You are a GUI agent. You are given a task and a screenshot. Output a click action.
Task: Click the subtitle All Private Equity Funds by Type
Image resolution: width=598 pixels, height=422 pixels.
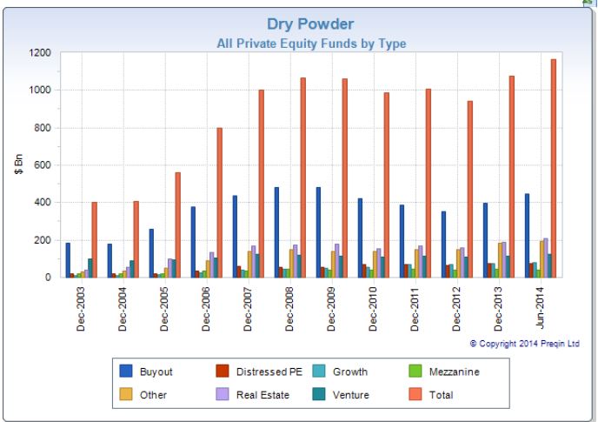coord(310,43)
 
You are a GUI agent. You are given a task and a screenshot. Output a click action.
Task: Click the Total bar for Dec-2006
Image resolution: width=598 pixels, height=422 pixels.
coord(220,203)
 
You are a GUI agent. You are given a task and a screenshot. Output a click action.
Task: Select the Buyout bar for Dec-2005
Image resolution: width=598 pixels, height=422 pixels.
coord(151,253)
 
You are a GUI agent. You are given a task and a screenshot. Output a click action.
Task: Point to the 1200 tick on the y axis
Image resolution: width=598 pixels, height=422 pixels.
coord(40,53)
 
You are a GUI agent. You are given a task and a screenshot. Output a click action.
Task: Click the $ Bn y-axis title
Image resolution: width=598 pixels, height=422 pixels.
coord(19,165)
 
